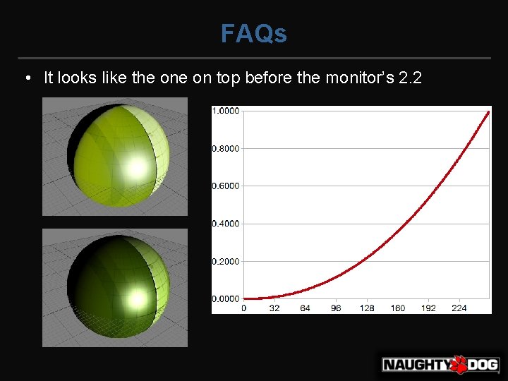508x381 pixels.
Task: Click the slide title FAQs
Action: [254, 33]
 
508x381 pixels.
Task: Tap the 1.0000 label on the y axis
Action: [226, 111]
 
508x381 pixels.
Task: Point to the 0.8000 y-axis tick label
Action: [226, 148]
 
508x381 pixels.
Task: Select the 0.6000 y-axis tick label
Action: [226, 186]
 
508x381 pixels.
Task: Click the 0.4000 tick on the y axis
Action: [226, 224]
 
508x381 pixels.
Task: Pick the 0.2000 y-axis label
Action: [226, 261]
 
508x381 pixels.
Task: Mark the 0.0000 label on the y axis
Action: [226, 299]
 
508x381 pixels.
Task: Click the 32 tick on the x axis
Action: [274, 308]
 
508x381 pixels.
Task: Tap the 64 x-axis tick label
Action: [305, 308]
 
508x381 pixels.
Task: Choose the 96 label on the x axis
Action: [336, 308]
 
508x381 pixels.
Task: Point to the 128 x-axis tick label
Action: [367, 308]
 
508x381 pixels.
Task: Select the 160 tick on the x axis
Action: [398, 308]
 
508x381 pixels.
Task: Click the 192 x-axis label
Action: [428, 308]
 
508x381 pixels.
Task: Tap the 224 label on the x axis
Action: [459, 308]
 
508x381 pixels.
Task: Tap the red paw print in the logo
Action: [459, 364]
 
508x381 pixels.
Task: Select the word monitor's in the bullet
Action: [359, 78]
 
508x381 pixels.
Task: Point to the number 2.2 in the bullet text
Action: [410, 78]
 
